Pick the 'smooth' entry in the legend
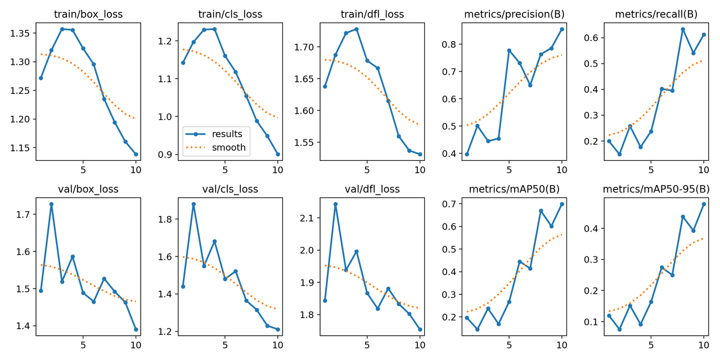coord(228,147)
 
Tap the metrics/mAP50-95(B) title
coord(656,189)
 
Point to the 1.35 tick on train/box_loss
coord(21,33)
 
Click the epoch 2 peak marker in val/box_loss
coord(51,204)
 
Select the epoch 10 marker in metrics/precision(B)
coord(561,29)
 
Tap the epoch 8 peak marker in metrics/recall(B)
coord(683,29)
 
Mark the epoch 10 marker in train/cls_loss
coord(278,154)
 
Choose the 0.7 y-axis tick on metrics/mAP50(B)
coord(447,204)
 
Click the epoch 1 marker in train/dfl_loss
coord(325,86)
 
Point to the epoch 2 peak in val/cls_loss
coord(193,204)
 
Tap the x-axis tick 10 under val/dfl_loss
coord(420,343)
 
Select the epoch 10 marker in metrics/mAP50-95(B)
coord(704,204)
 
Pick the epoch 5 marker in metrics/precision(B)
coord(509,51)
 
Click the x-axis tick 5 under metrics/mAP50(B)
coord(509,343)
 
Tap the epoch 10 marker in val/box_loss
coord(136,330)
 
